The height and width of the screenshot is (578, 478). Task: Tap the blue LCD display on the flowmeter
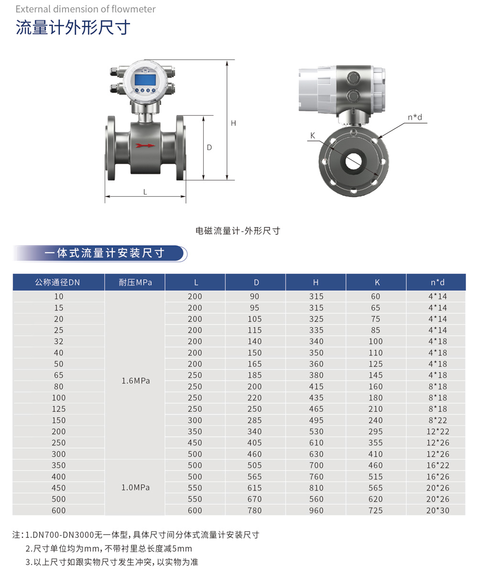click(x=145, y=79)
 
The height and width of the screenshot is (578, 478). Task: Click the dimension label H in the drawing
click(x=233, y=123)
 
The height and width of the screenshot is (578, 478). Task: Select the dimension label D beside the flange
click(x=209, y=148)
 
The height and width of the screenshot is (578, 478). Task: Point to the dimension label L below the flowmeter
click(x=145, y=192)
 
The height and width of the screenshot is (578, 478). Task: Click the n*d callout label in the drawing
click(x=415, y=117)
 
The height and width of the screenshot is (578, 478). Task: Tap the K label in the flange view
click(x=313, y=136)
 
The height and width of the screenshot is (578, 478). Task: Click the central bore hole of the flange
click(x=353, y=161)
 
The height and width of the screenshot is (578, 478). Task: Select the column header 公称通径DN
click(x=58, y=282)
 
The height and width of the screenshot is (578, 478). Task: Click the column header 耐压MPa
click(x=135, y=282)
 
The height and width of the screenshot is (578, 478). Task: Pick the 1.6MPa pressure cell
click(x=135, y=381)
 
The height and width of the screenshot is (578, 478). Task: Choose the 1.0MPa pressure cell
click(x=135, y=488)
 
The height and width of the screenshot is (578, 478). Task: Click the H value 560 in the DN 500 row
click(x=316, y=499)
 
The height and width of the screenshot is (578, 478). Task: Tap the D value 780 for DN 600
click(x=255, y=511)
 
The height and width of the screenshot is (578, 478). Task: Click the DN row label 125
click(x=58, y=409)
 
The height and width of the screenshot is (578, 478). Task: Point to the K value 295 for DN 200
click(x=376, y=431)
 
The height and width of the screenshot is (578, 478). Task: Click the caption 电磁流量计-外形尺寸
click(x=238, y=231)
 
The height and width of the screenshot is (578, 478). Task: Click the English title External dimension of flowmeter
click(x=86, y=9)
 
